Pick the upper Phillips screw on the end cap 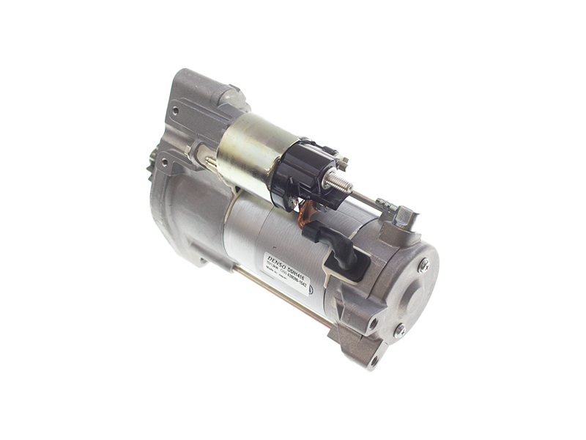point(423,266)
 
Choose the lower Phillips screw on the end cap point(400,331)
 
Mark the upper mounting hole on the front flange point(174,111)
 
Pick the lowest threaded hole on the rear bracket point(374,359)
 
